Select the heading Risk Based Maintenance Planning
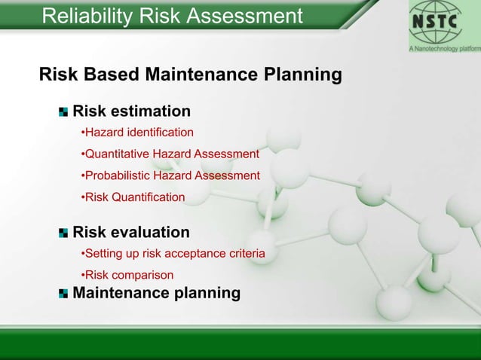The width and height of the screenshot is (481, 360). pyautogui.click(x=190, y=75)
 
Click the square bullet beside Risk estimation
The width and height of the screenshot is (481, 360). pyautogui.click(x=63, y=112)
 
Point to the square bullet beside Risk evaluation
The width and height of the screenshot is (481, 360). pyautogui.click(x=63, y=233)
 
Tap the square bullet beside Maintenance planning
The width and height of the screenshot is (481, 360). pyautogui.click(x=63, y=293)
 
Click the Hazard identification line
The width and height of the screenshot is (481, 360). pyautogui.click(x=137, y=133)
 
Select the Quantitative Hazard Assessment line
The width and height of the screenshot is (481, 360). pyautogui.click(x=170, y=154)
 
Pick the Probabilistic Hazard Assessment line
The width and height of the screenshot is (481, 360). pyautogui.click(x=170, y=175)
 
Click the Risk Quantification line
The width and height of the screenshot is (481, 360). pyautogui.click(x=133, y=197)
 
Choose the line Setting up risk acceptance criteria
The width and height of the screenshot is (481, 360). pyautogui.click(x=173, y=254)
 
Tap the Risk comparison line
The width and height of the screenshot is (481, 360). pyautogui.click(x=127, y=275)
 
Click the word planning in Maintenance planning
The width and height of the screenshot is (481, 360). pyautogui.click(x=207, y=292)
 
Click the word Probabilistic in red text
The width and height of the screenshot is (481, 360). pyautogui.click(x=118, y=175)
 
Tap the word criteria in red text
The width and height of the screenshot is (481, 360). pyautogui.click(x=246, y=254)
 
